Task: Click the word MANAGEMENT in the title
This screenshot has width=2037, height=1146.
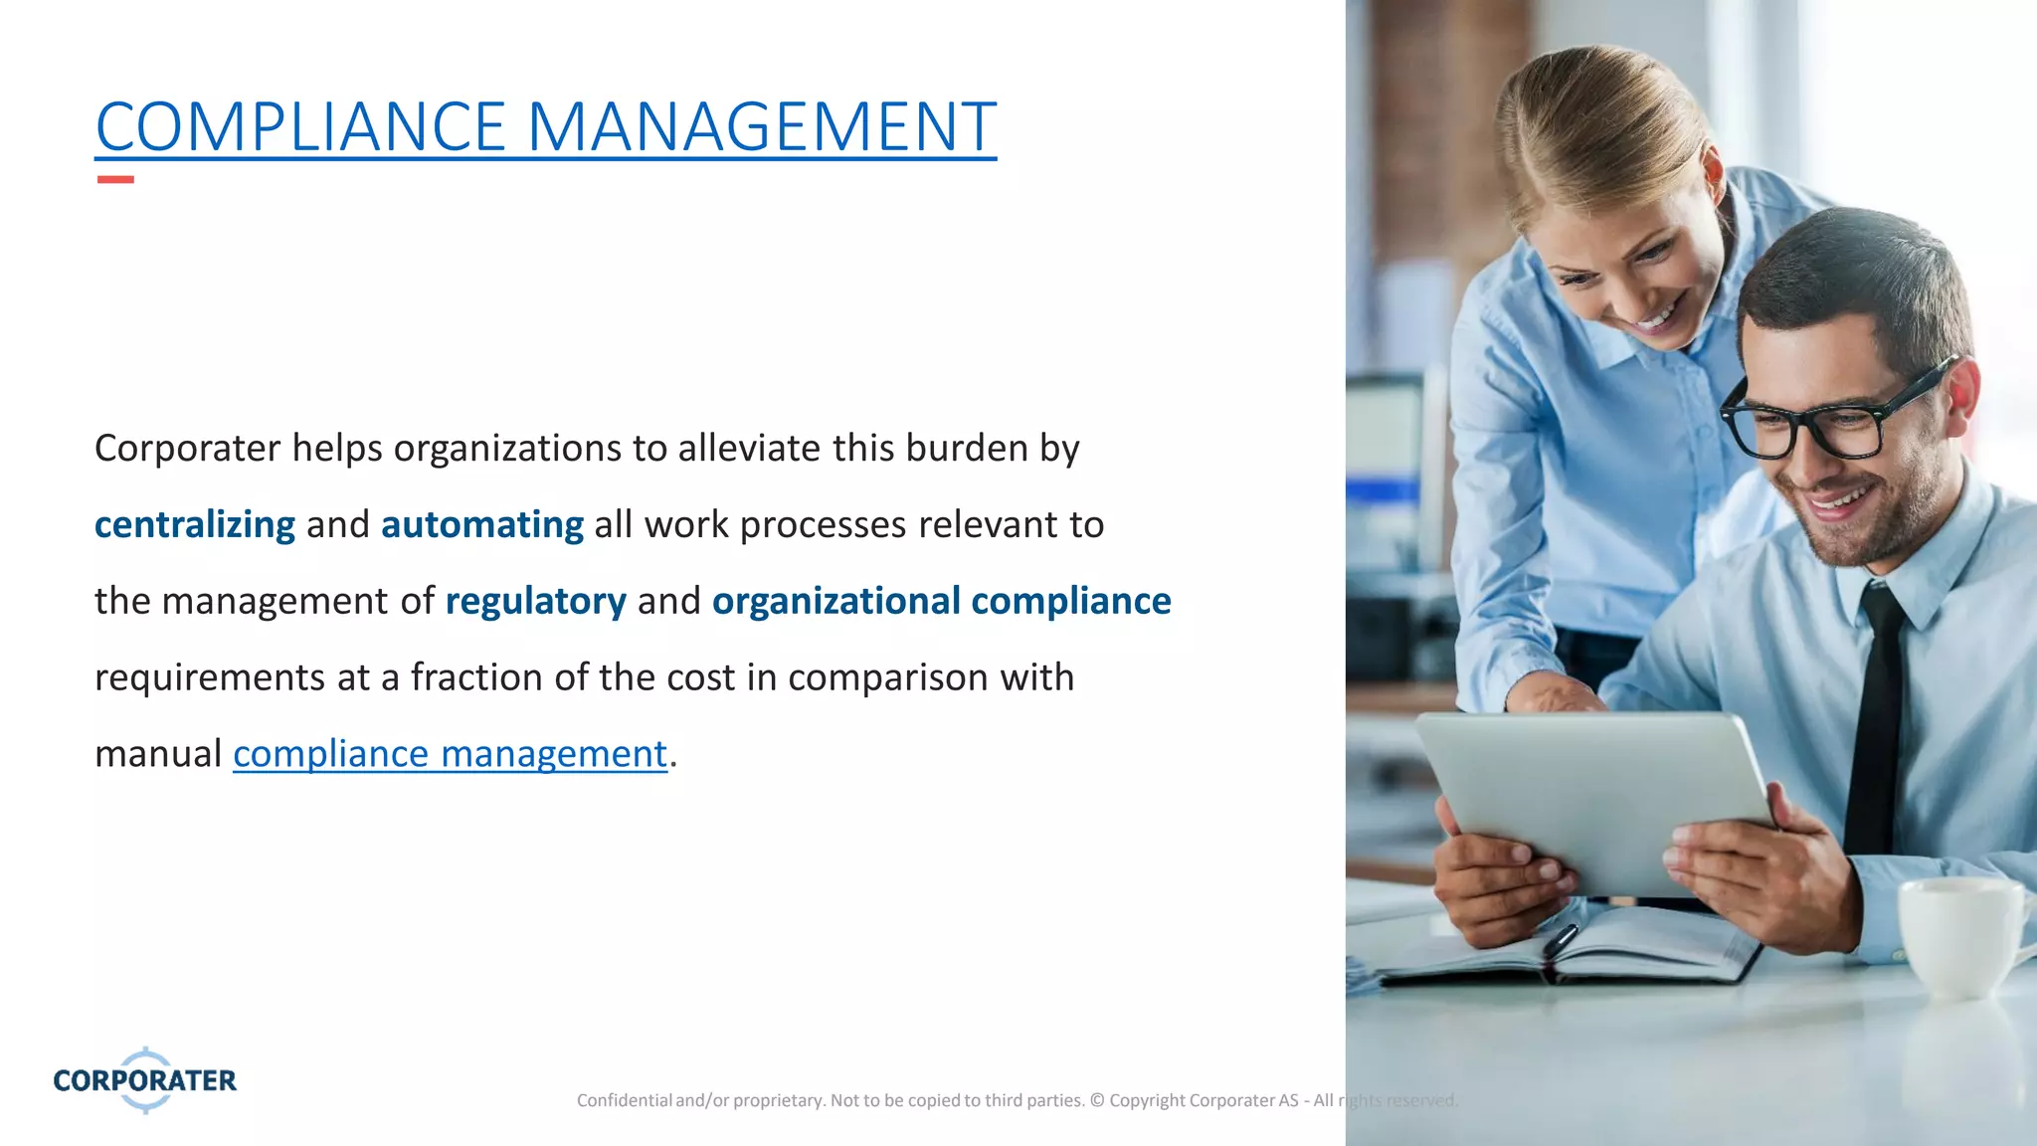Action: coord(761,127)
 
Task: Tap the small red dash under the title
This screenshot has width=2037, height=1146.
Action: coord(115,179)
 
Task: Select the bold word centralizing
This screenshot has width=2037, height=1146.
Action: coord(195,524)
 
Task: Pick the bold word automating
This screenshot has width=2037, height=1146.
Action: coord(482,524)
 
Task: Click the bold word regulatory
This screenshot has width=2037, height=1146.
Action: coord(535,601)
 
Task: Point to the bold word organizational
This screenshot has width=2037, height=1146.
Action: coord(836,601)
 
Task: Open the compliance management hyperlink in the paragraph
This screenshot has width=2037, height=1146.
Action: coord(450,754)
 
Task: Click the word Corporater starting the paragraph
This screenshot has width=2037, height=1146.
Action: coord(187,449)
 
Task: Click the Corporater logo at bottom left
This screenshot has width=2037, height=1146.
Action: coord(145,1080)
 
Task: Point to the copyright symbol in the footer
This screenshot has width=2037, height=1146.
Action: coord(1097,1100)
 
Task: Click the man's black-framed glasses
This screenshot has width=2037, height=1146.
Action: coord(1840,418)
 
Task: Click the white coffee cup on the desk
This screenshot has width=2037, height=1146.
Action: coord(1959,935)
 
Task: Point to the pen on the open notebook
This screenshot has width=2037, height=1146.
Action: coord(1559,939)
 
